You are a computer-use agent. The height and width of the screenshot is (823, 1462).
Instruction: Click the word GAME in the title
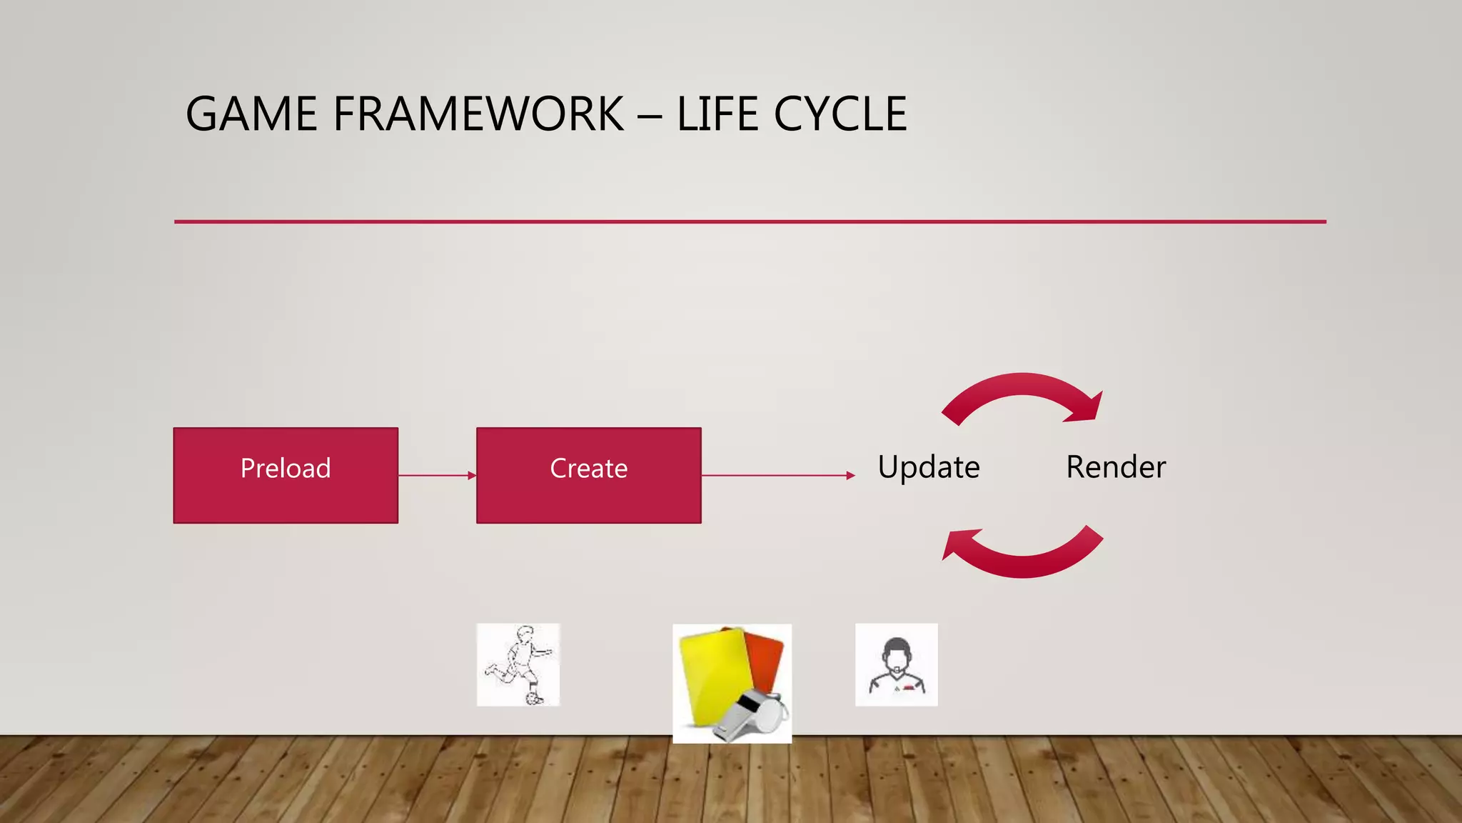tap(251, 114)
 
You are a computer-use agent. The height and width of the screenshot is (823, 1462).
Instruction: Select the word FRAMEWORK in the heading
tap(478, 114)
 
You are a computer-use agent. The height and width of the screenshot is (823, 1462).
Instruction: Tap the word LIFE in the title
tap(717, 114)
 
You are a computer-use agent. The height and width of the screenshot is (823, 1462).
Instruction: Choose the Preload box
tap(286, 475)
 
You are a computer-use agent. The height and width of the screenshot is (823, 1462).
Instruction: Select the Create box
tap(588, 475)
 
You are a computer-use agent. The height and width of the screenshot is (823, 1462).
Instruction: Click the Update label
tap(929, 467)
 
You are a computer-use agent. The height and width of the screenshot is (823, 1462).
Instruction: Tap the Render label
tap(1116, 467)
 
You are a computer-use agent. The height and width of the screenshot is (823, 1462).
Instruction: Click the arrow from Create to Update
tap(778, 475)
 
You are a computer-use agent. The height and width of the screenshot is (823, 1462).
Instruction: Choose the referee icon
tap(897, 665)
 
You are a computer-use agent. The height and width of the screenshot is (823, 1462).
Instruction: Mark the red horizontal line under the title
tap(750, 221)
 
